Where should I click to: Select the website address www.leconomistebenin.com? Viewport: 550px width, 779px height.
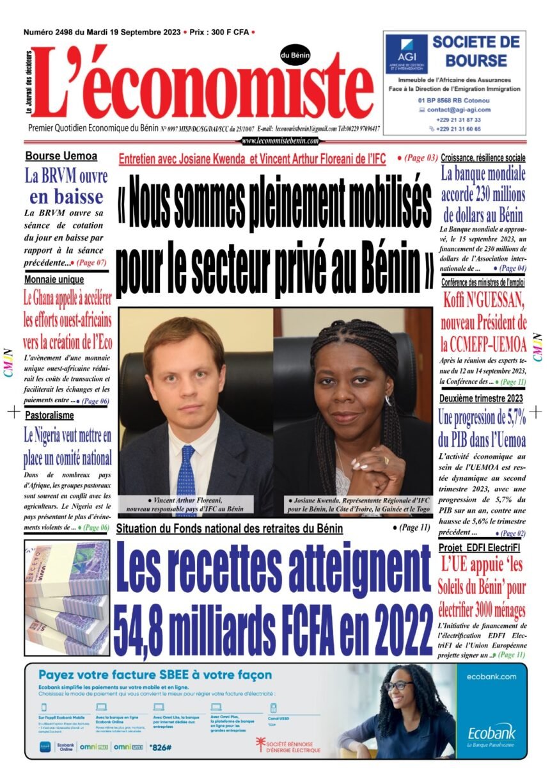coord(280,141)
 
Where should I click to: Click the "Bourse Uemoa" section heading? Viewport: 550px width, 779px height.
coord(61,156)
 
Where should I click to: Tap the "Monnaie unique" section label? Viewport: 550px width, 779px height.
coord(54,280)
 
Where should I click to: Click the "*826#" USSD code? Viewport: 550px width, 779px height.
coord(159,746)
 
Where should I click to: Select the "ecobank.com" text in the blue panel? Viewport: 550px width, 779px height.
coord(491,676)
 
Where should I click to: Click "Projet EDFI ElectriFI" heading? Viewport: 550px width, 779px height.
coord(479,549)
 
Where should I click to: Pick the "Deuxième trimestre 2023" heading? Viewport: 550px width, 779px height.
coord(481,398)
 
